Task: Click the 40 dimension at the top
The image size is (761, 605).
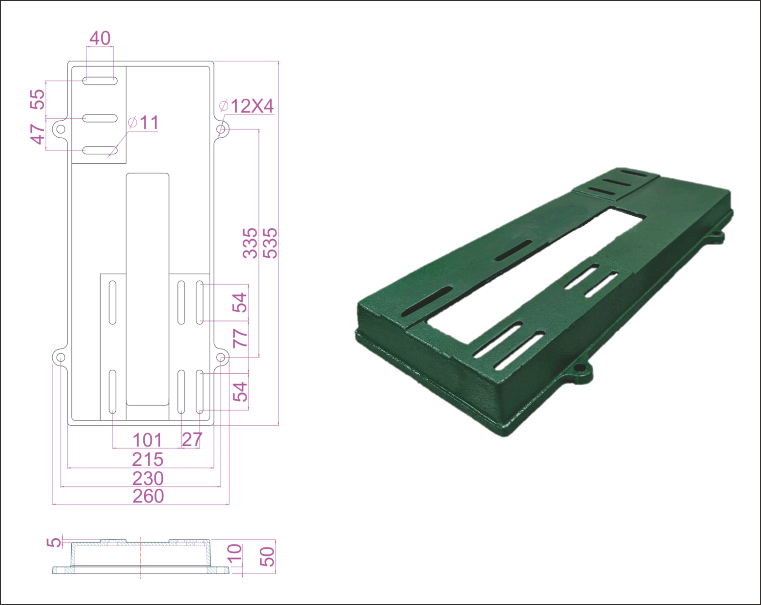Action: coord(100,38)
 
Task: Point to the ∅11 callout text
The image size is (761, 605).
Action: coord(143,123)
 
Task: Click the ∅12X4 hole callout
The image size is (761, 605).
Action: coord(246,106)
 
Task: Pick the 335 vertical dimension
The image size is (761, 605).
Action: coord(250,243)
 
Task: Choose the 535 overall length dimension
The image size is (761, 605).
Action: coord(270,243)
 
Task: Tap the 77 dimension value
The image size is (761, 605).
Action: coord(240,338)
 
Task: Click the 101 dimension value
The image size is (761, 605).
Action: coord(147,440)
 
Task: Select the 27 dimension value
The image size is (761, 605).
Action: coord(192,440)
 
